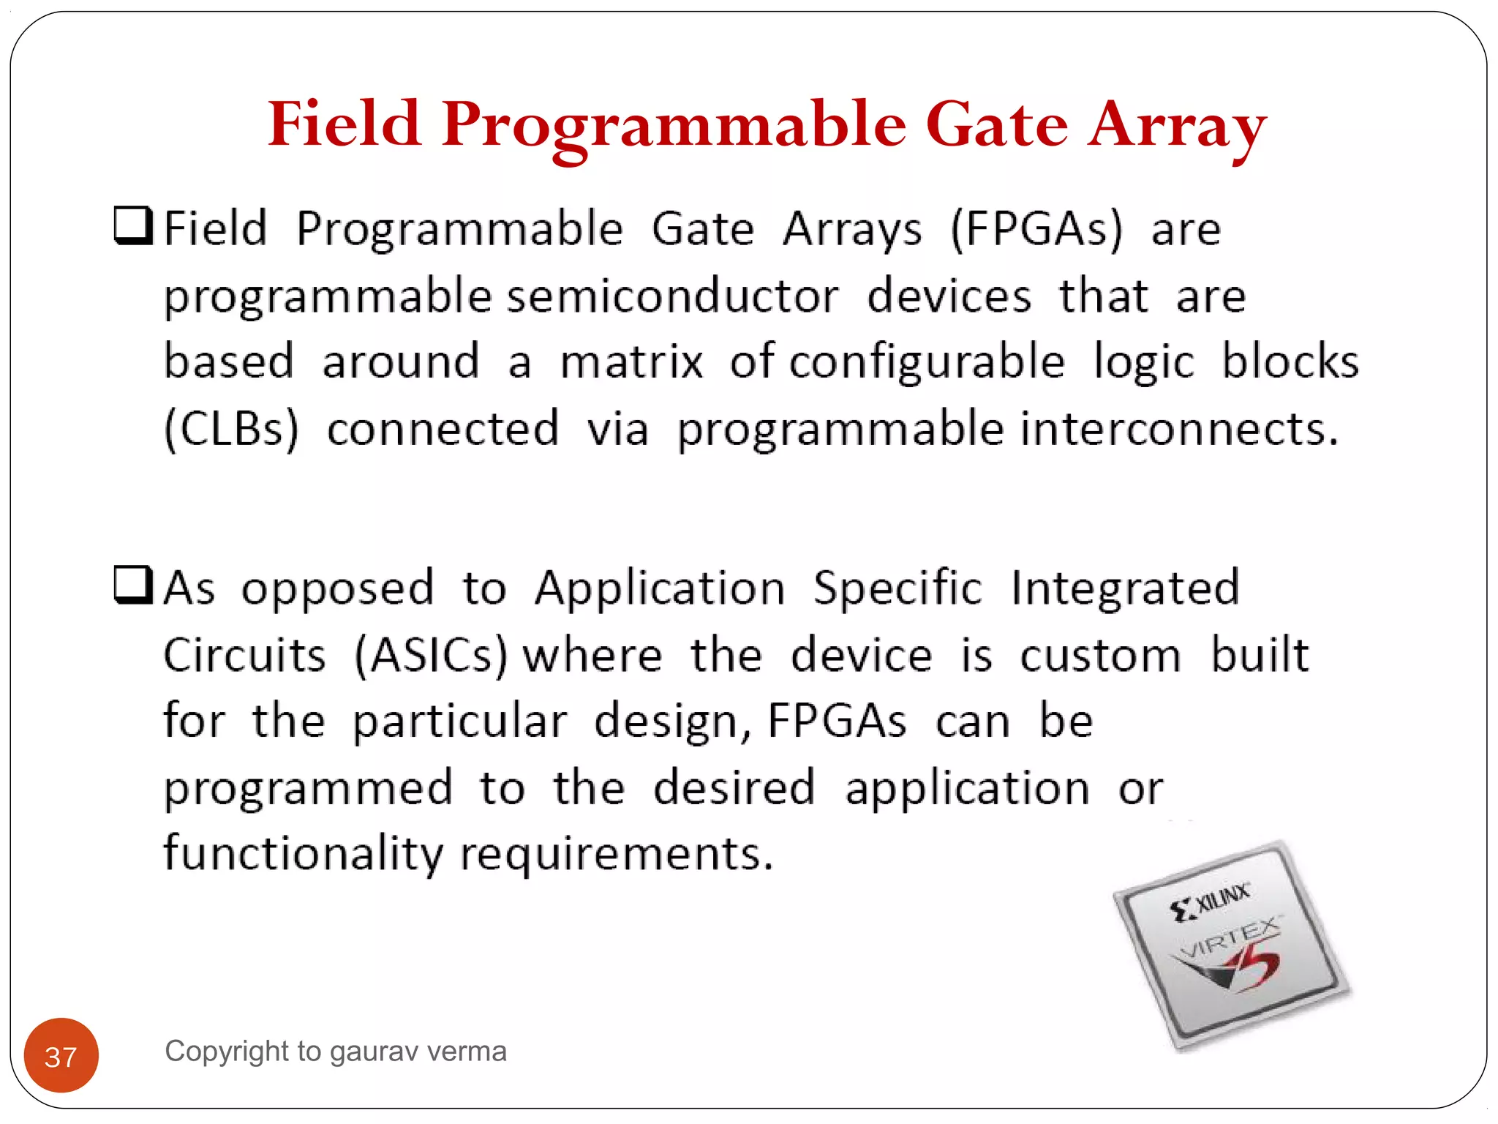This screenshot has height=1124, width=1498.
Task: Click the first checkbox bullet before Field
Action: pyautogui.click(x=133, y=226)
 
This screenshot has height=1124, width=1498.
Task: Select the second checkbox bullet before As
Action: pyautogui.click(x=133, y=585)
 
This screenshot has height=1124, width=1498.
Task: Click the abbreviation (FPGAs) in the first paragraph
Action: pyautogui.click(x=1036, y=229)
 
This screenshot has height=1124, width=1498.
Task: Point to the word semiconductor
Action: pyautogui.click(x=673, y=296)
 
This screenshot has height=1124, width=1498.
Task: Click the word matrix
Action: pyautogui.click(x=631, y=362)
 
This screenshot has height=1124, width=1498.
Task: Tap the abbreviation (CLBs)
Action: pyautogui.click(x=231, y=429)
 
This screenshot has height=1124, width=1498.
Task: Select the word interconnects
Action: pyautogui.click(x=1179, y=429)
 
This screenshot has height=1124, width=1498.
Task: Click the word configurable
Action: pyautogui.click(x=927, y=362)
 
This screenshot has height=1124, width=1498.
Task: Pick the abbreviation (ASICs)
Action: pyautogui.click(x=430, y=655)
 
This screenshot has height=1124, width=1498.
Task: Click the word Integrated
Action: pyautogui.click(x=1125, y=588)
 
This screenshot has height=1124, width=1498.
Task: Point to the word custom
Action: pyautogui.click(x=1100, y=655)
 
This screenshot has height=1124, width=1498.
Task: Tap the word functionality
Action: pyautogui.click(x=303, y=854)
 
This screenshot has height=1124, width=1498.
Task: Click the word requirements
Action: pyautogui.click(x=616, y=854)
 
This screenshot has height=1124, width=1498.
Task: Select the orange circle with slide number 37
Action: pyautogui.click(x=61, y=1055)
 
